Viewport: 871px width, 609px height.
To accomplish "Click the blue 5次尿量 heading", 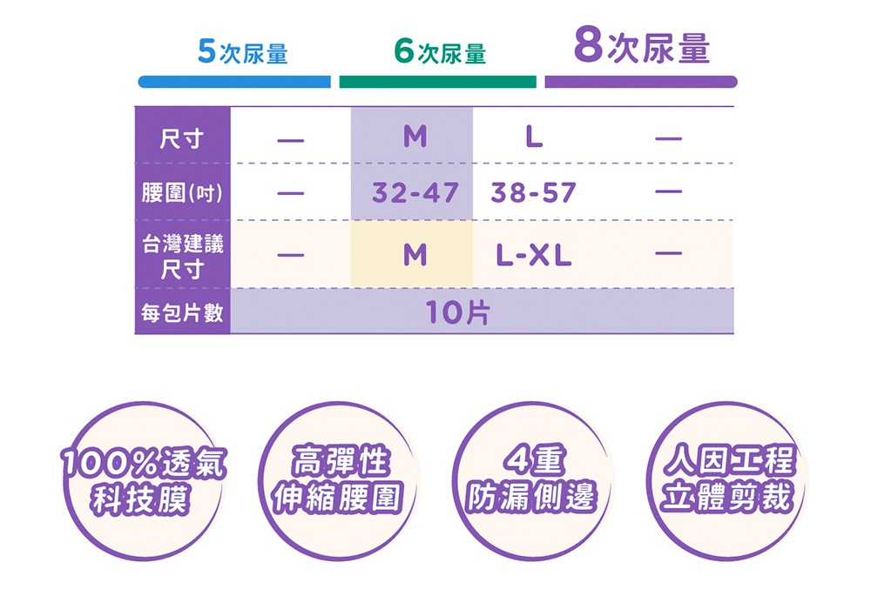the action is click(x=242, y=53).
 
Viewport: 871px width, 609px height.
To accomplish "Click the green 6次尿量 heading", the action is click(x=439, y=53).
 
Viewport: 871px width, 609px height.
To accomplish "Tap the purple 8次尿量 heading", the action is click(x=642, y=48).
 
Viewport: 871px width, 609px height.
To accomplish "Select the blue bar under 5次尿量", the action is click(x=234, y=82).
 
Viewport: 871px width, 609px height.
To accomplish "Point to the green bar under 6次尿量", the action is click(x=437, y=82).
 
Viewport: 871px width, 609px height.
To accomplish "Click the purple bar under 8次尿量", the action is click(x=641, y=82).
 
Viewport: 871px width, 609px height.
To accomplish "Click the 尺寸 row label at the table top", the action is click(x=182, y=137).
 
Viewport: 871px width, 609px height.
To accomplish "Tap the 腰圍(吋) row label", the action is click(x=182, y=191).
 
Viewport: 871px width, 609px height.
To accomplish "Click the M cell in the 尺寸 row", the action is click(x=415, y=137).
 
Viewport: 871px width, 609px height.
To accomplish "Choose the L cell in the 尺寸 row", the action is click(x=534, y=137).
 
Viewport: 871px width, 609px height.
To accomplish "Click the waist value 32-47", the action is click(x=415, y=192).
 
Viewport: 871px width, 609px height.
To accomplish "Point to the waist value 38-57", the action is click(x=534, y=192).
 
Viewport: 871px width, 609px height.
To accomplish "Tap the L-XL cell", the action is click(x=534, y=256).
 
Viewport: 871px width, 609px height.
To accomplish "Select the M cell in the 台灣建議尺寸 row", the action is click(x=415, y=256).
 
